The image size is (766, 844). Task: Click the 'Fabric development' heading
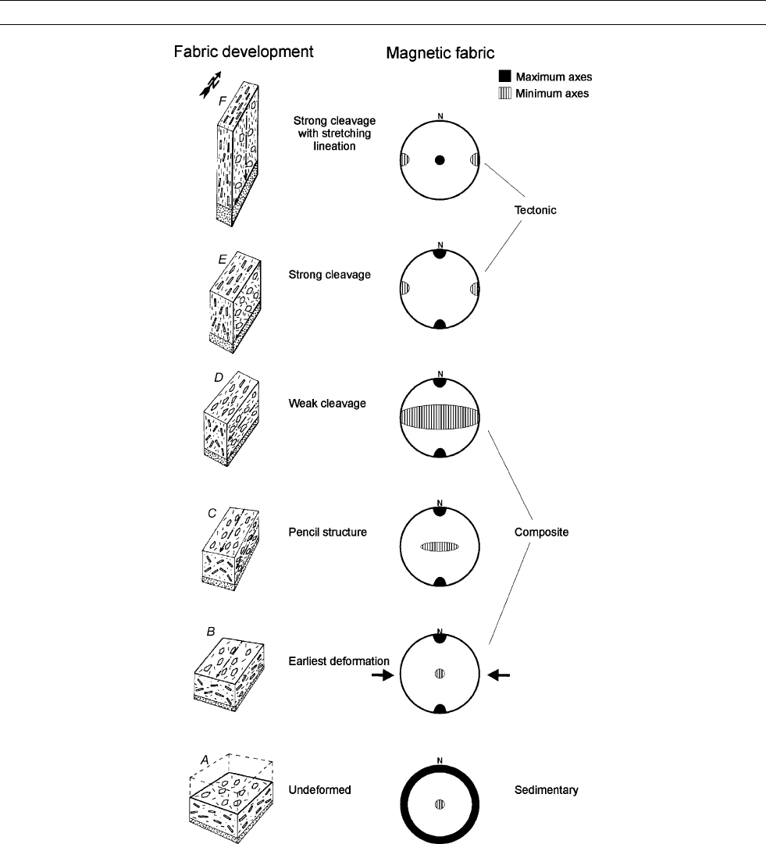pos(244,52)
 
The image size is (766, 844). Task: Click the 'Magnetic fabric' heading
pos(440,53)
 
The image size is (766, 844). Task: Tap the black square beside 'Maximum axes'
pos(504,77)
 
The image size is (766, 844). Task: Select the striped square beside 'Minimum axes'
pos(504,93)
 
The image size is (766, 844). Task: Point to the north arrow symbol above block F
pos(211,85)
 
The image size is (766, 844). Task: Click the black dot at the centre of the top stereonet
pos(440,160)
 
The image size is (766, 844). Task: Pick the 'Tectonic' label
pos(535,210)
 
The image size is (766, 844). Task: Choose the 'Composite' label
pos(541,532)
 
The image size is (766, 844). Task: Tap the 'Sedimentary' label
pos(546,789)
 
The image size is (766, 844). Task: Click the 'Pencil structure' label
pos(327,532)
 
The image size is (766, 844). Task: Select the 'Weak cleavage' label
pos(326,403)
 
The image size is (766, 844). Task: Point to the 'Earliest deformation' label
pos(339,661)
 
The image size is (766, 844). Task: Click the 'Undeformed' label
pos(319,789)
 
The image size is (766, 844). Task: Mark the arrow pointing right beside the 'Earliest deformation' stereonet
pos(383,675)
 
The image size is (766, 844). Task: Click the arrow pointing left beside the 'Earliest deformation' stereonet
pos(498,675)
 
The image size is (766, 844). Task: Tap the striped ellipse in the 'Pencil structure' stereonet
pos(440,547)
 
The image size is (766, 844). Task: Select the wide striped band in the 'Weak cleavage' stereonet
pos(440,417)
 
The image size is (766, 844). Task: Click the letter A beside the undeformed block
pos(205,760)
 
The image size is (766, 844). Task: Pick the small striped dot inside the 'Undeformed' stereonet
pos(440,805)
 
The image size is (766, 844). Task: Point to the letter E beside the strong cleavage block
pos(223,260)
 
